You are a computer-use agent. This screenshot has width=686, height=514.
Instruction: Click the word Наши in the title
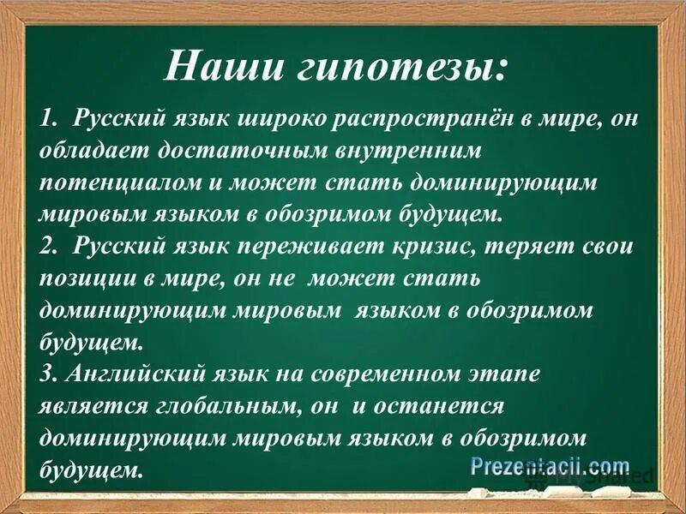coord(222,66)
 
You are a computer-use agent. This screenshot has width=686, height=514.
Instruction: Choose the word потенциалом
coord(115,183)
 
